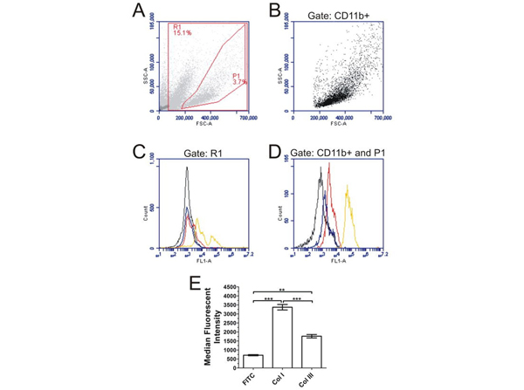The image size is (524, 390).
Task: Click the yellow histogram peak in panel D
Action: pos(347,186)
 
